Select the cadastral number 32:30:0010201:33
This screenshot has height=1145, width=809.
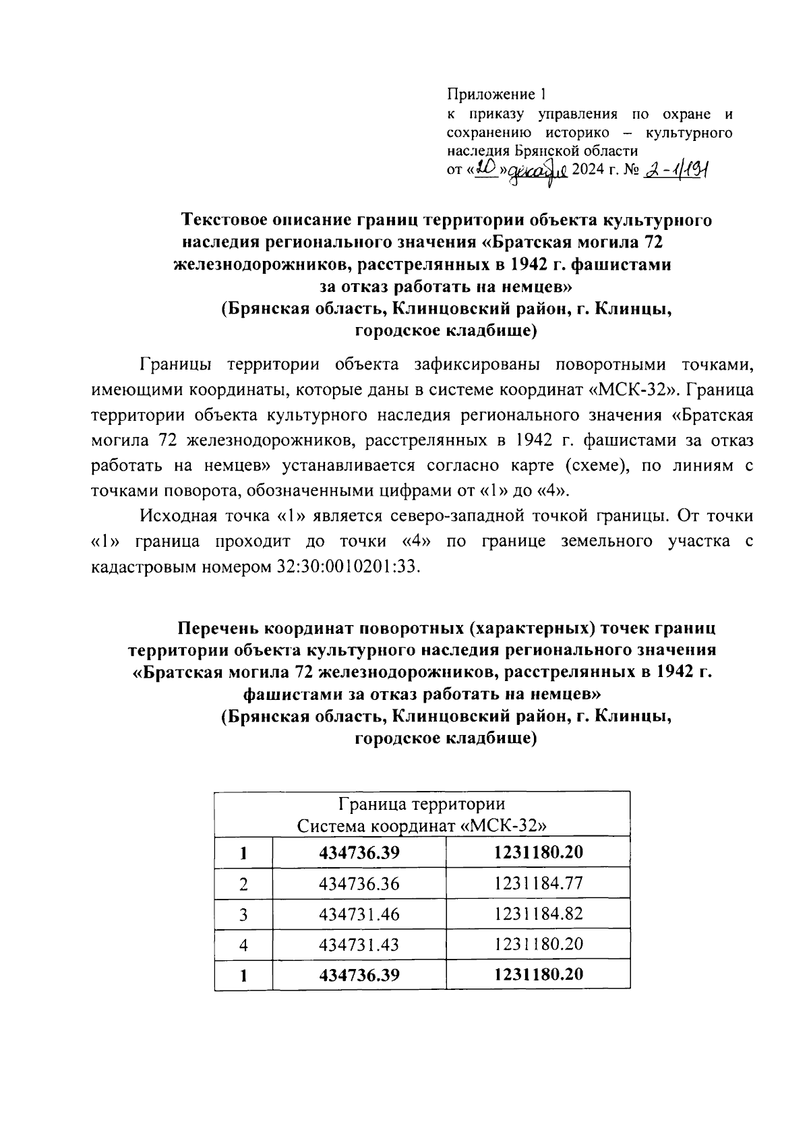349,566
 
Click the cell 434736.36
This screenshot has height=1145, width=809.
359,883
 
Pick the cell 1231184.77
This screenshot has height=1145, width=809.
538,883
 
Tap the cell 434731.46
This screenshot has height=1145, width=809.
359,914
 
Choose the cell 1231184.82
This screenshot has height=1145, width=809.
538,914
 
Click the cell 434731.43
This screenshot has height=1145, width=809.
359,945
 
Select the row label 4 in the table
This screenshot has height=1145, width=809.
243,945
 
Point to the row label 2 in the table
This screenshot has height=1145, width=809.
243,884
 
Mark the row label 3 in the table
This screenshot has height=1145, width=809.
243,915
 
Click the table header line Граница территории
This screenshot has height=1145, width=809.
422,804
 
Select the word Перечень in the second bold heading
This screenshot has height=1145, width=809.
218,628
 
